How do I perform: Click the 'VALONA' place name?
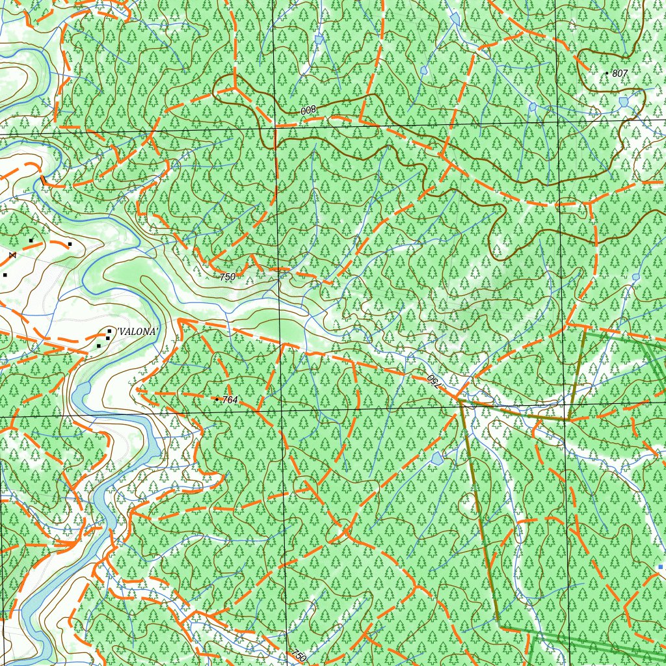click(x=137, y=332)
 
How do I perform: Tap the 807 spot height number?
click(x=620, y=73)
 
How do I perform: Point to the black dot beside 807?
click(x=607, y=73)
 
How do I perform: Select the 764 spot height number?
click(x=230, y=399)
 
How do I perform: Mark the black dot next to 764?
click(x=217, y=399)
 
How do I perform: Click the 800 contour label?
click(x=308, y=111)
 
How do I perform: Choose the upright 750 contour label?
click(x=227, y=277)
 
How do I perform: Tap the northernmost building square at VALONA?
click(x=109, y=331)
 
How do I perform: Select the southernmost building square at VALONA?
click(x=99, y=346)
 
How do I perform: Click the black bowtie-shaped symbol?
click(x=12, y=255)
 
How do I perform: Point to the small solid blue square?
click(x=661, y=567)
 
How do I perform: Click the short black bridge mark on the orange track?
click(x=43, y=181)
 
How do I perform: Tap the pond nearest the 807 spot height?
click(x=624, y=101)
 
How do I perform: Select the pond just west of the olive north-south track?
click(x=437, y=459)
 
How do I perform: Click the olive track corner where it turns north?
click(x=568, y=420)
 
